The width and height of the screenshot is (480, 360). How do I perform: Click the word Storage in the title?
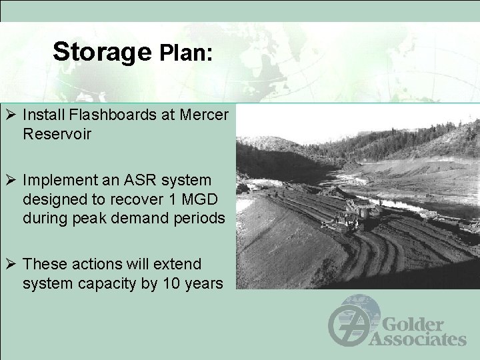(x=103, y=52)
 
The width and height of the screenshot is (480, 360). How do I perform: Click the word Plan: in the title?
(x=186, y=53)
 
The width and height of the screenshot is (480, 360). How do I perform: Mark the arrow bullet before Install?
(x=11, y=115)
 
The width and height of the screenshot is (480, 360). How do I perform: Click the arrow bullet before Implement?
(x=11, y=181)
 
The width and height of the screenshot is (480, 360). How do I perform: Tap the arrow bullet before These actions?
(x=11, y=265)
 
